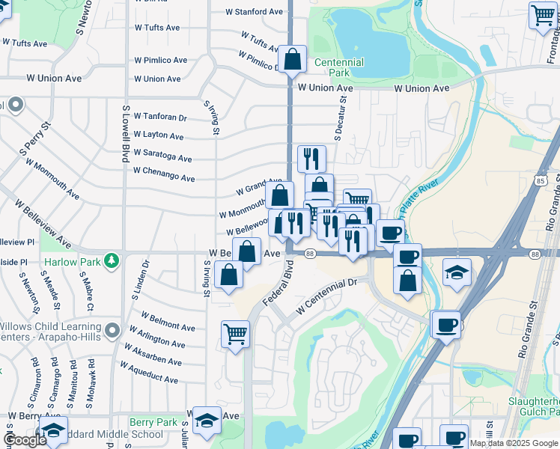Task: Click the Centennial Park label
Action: click(x=338, y=68)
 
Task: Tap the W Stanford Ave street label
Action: click(x=258, y=12)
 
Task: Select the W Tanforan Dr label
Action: click(x=160, y=117)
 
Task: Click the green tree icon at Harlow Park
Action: click(x=112, y=260)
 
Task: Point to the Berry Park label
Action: click(x=153, y=422)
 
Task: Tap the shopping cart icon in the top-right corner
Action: click(x=541, y=15)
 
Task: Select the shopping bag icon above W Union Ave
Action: click(x=293, y=58)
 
